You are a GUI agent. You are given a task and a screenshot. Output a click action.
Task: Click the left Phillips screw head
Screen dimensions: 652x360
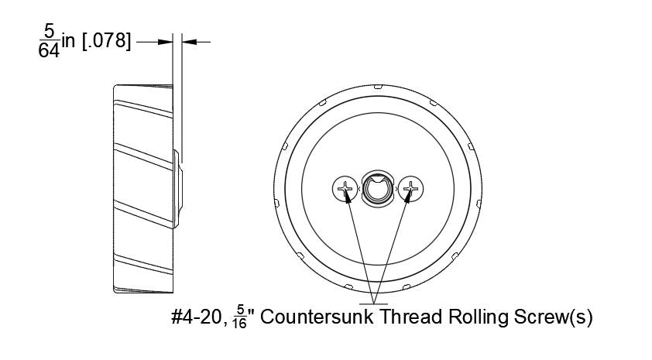[345, 189]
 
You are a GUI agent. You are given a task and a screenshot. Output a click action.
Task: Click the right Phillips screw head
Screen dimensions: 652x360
[410, 189]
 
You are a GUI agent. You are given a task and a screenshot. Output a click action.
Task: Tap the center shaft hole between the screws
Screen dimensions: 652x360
[378, 189]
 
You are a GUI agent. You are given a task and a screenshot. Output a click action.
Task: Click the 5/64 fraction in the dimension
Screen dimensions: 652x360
[49, 40]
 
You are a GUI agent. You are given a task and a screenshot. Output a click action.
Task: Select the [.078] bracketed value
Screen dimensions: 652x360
[106, 41]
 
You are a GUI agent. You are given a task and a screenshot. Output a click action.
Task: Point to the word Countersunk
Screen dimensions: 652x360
[317, 317]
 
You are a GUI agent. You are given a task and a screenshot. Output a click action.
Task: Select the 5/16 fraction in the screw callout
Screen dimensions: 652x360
[240, 317]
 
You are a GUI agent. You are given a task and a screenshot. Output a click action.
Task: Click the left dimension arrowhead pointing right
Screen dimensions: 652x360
[165, 42]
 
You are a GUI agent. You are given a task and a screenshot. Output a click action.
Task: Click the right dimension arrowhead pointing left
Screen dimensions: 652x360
[189, 42]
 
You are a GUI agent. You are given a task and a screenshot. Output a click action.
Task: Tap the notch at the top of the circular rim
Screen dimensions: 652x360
[378, 87]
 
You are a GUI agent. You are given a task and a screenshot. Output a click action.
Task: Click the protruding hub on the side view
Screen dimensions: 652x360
[177, 189]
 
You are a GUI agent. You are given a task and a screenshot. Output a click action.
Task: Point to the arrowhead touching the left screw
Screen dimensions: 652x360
[348, 197]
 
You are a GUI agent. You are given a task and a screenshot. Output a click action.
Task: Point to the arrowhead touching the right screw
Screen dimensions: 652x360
[408, 197]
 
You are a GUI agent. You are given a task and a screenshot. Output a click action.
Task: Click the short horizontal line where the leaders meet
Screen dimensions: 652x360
[373, 304]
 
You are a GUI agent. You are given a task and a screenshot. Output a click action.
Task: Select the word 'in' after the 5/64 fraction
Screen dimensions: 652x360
[68, 41]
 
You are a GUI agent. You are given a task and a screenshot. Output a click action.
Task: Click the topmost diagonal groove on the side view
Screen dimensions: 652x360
[143, 108]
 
